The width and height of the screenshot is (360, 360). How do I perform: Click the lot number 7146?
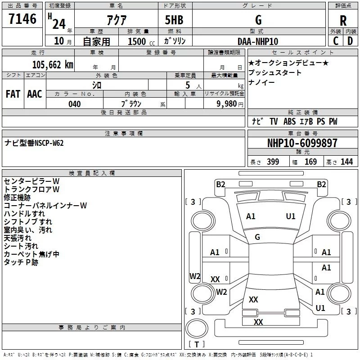coord(22,18)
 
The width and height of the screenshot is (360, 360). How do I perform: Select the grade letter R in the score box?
coord(343,20)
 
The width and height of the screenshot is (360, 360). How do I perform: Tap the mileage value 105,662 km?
coord(53,65)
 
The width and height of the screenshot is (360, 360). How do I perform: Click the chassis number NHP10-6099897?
coord(302,143)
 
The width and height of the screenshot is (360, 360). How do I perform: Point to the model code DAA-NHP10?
coord(258,41)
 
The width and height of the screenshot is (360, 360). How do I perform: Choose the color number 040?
coord(75,104)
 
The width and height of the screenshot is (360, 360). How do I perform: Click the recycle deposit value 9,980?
coord(227,104)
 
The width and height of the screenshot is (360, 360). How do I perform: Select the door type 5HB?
coord(174,20)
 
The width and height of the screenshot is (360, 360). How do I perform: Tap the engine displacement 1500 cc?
coord(141,41)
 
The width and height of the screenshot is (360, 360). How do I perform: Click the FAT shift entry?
coord(13,94)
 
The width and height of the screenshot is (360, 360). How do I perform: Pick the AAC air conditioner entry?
coord(35,94)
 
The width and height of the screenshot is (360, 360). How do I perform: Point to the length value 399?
coord(273,162)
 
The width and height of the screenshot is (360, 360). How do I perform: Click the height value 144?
coord(346,162)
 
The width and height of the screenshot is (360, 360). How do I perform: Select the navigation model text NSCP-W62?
coord(49,143)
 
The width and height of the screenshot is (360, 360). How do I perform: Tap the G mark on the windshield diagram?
coord(257,237)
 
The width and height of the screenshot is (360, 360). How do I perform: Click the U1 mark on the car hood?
coord(291,216)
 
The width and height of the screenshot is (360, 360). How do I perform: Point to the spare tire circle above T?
coord(197,328)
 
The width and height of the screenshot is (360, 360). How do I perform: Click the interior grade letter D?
coord(350,41)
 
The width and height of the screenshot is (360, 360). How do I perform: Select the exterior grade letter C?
coord(336,41)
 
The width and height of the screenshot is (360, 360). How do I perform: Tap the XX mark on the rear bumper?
coord(258,322)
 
